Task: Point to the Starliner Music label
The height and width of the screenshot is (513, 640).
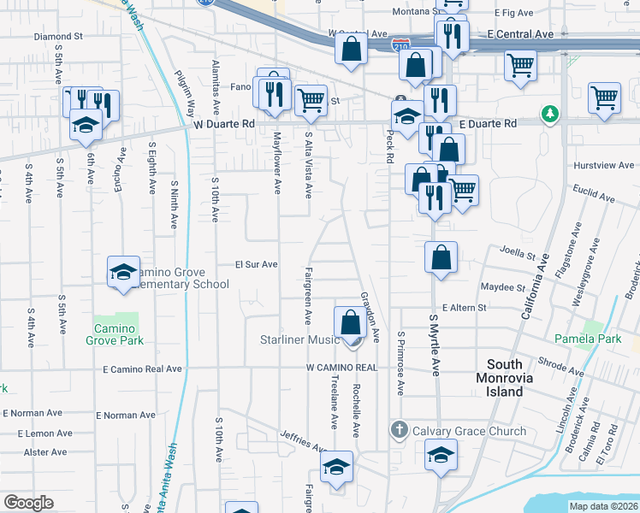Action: click(300, 340)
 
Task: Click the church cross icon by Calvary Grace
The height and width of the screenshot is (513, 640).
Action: click(399, 429)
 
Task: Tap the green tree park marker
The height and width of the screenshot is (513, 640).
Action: click(548, 114)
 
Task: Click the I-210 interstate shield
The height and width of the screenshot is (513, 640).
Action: click(400, 43)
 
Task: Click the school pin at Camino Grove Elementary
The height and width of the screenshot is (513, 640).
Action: click(123, 273)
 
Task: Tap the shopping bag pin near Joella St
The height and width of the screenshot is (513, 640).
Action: click(441, 257)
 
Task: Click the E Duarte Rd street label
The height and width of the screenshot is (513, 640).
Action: click(488, 124)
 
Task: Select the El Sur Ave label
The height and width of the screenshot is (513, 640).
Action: click(258, 265)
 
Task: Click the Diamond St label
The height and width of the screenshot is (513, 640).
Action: click(57, 38)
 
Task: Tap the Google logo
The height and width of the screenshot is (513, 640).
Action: click(28, 503)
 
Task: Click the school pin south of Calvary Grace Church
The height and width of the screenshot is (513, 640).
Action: click(441, 457)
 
